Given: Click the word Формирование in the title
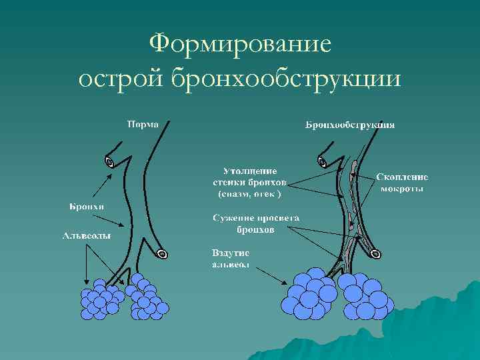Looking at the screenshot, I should pyautogui.click(x=241, y=45).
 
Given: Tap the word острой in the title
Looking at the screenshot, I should pyautogui.click(x=121, y=79).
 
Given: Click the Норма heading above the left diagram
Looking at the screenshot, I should pyautogui.click(x=143, y=124).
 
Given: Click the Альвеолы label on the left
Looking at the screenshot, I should pyautogui.click(x=87, y=235).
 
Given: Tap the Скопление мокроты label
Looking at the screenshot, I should pyautogui.click(x=402, y=183).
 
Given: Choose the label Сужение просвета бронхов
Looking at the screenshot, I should pyautogui.click(x=256, y=223).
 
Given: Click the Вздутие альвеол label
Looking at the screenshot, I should pyautogui.click(x=231, y=259).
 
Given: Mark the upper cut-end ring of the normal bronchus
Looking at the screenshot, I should pyautogui.click(x=109, y=160).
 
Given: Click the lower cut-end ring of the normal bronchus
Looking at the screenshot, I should pyautogui.click(x=162, y=253).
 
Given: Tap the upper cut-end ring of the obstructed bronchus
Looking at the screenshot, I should pyautogui.click(x=322, y=160).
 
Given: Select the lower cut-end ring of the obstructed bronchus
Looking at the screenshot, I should pyautogui.click(x=376, y=254).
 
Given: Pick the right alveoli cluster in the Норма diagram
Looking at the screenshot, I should pyautogui.click(x=147, y=298).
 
